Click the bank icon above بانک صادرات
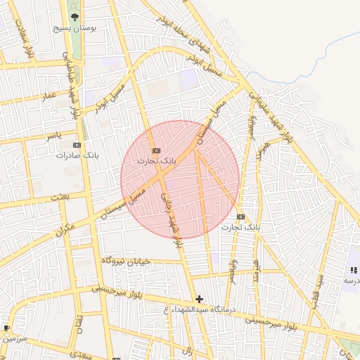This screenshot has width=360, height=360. pyautogui.click(x=77, y=145)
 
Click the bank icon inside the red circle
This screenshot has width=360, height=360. pyautogui.click(x=156, y=150)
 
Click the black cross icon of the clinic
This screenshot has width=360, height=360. pyautogui.click(x=199, y=299)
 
